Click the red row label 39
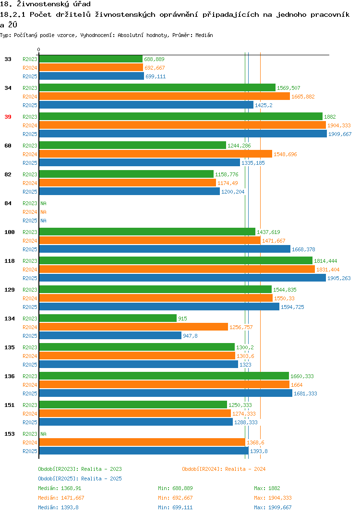pos(8,117)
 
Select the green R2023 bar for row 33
pos(91,59)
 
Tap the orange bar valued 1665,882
pos(164,97)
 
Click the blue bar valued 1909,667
pos(183,134)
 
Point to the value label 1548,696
pos(285,154)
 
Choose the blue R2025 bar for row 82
pos(129,192)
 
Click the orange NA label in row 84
pos(43,212)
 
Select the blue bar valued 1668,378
pos(165,249)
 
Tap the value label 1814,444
pos(325,261)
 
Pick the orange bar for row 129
pos(156,298)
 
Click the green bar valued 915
pos(108,318)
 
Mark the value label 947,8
pos(190,336)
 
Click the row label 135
pos(10,347)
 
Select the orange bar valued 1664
pos(164,385)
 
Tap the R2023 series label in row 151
pos(30,405)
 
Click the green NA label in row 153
pos(43,434)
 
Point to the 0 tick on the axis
pos(38,49)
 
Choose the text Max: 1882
pos(267,488)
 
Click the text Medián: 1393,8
pos(58,507)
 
